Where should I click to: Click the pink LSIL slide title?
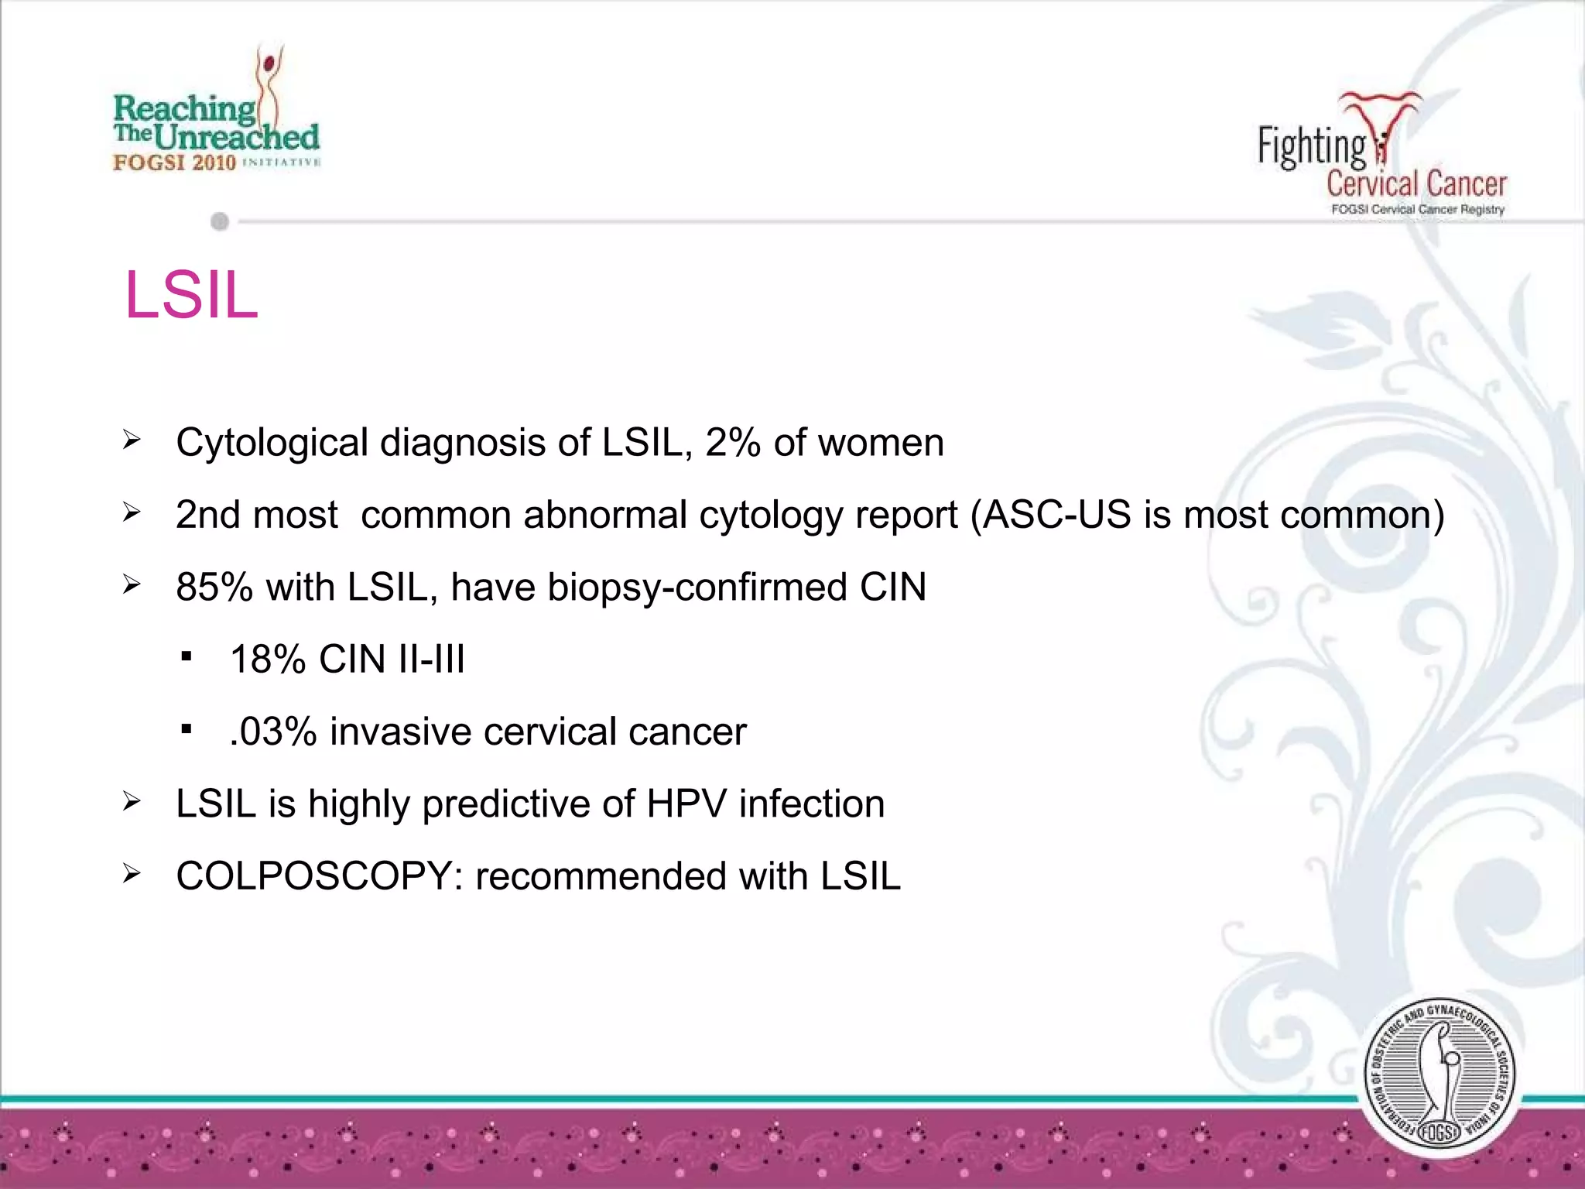[x=191, y=295]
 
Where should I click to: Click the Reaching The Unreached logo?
[x=217, y=116]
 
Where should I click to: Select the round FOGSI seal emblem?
[x=1440, y=1076]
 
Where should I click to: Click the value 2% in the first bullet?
[x=732, y=443]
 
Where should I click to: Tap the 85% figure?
[x=214, y=587]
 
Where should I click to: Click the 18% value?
[x=268, y=660]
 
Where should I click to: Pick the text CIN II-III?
[x=392, y=660]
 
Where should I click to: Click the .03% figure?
[x=273, y=732]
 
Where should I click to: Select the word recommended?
[x=601, y=876]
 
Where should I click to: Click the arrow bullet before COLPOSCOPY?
[x=132, y=875]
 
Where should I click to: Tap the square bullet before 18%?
[x=186, y=657]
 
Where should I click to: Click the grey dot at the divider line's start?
[x=220, y=222]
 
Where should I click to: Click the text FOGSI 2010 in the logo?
[x=174, y=163]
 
